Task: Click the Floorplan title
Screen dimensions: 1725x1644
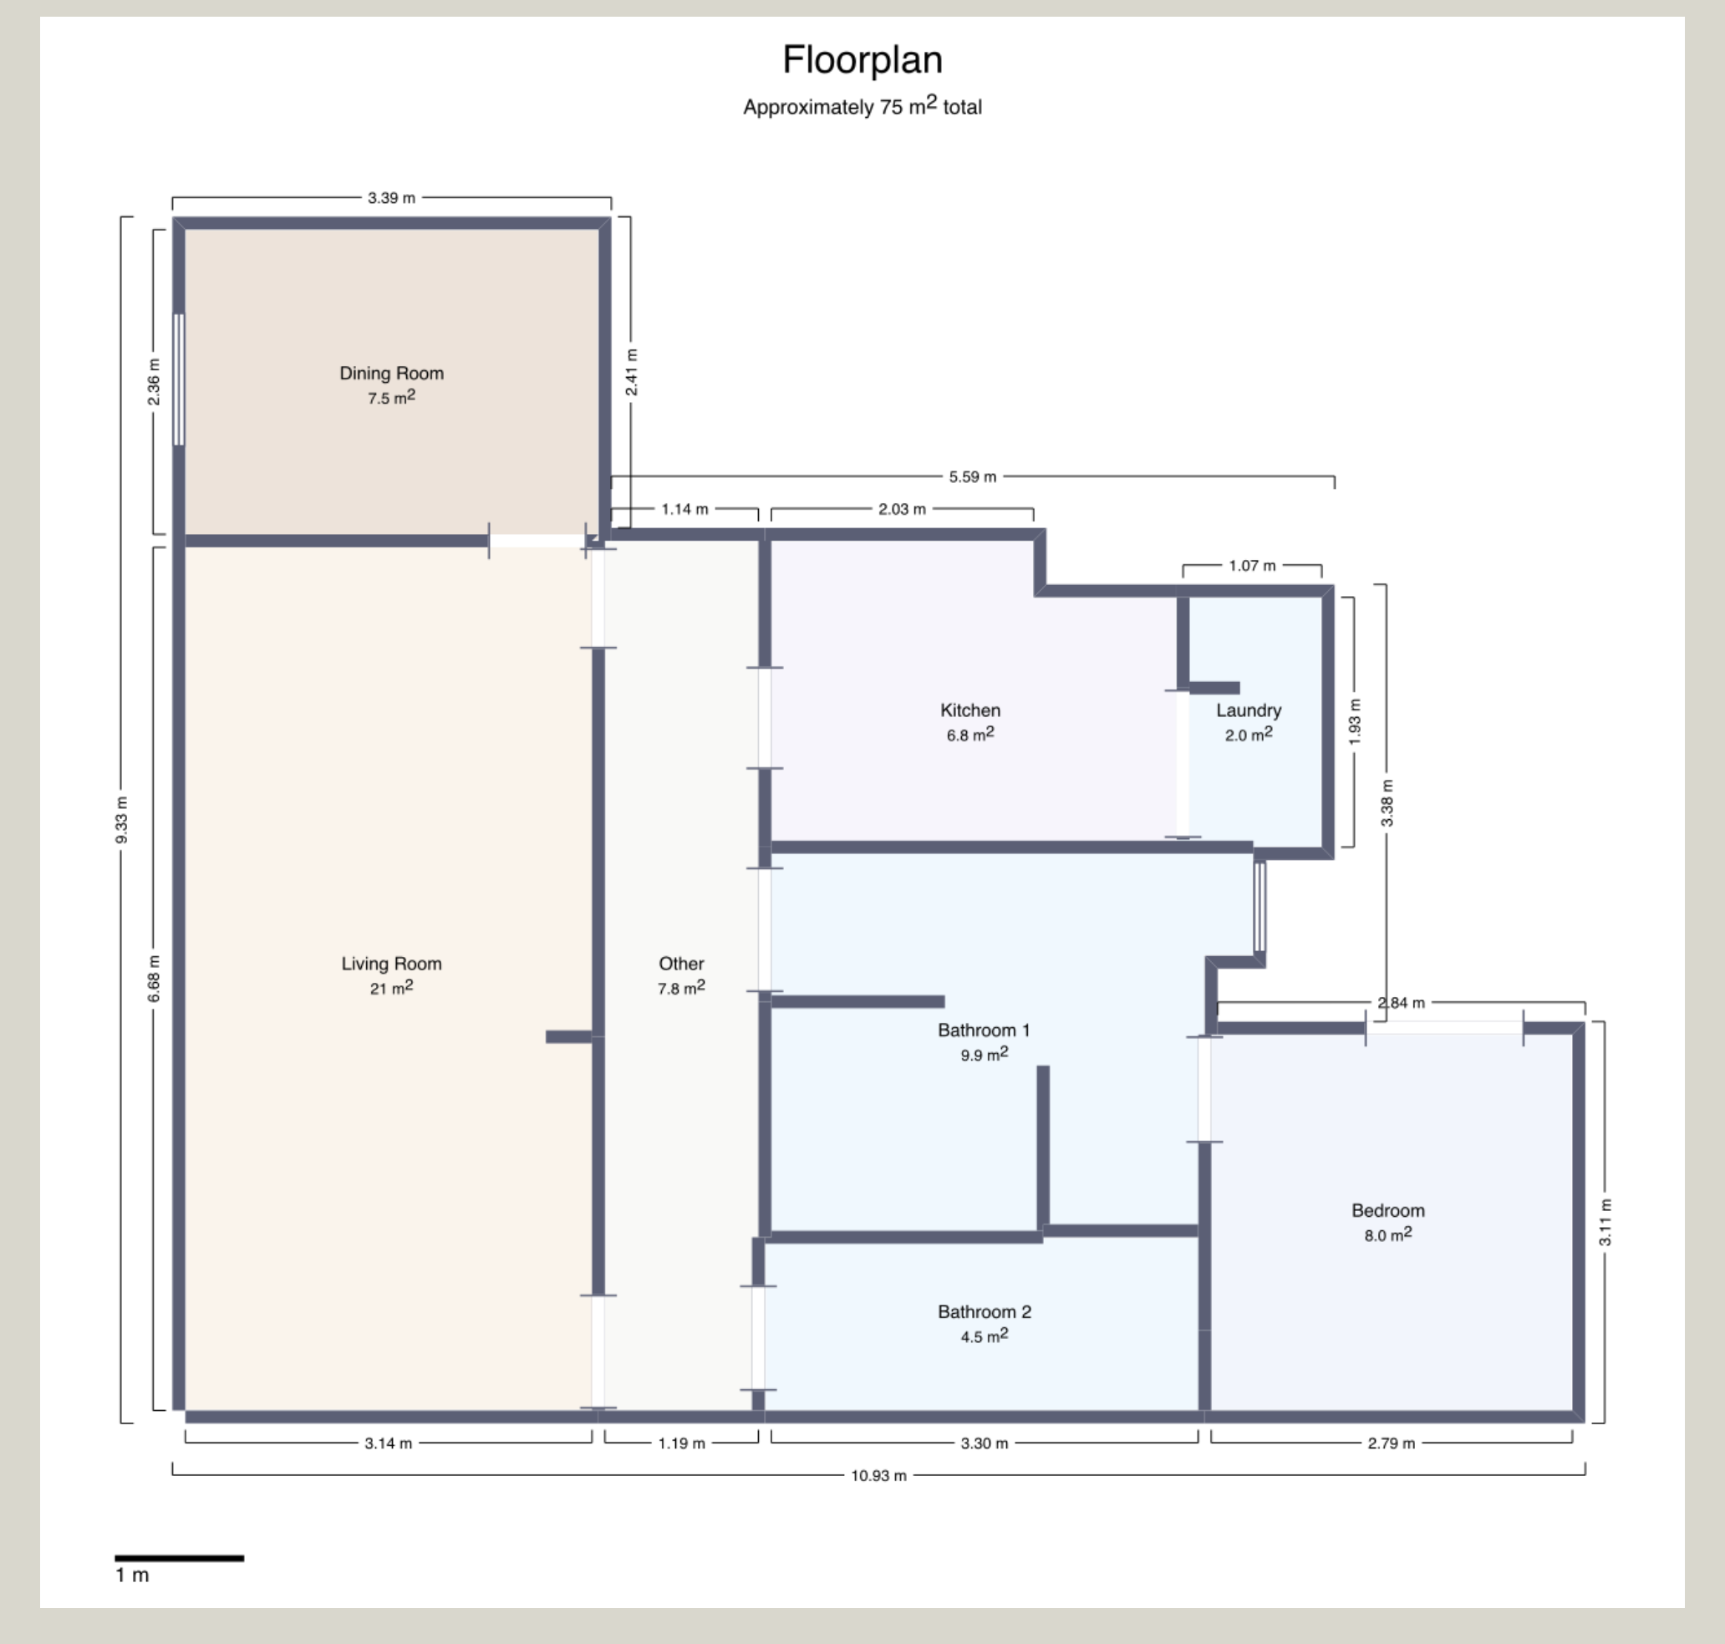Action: click(x=862, y=60)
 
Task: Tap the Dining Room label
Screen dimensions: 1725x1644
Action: click(x=392, y=374)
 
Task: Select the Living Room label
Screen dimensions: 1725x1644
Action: click(x=392, y=964)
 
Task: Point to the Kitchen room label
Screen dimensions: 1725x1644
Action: click(x=969, y=710)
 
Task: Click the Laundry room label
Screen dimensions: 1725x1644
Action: click(x=1249, y=710)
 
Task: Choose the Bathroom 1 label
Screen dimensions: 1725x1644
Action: click(x=984, y=1031)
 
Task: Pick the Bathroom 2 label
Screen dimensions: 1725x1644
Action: click(x=984, y=1312)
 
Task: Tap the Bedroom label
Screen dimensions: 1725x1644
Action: click(x=1387, y=1211)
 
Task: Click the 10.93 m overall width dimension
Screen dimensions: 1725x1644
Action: click(x=878, y=1476)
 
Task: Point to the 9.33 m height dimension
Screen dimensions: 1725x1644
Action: click(x=122, y=820)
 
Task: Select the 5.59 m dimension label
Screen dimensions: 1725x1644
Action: click(x=973, y=476)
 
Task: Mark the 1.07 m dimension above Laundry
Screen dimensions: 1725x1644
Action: click(x=1252, y=565)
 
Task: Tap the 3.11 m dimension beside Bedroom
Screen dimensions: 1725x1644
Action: click(x=1605, y=1223)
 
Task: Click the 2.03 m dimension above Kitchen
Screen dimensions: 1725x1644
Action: click(x=903, y=509)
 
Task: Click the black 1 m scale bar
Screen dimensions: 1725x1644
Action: click(x=180, y=1558)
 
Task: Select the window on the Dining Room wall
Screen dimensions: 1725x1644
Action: click(x=179, y=379)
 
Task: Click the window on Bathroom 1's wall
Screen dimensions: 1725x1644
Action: click(x=1259, y=906)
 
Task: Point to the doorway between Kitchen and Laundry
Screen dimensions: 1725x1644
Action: click(x=1183, y=764)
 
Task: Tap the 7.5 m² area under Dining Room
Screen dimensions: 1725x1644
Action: click(x=392, y=398)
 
